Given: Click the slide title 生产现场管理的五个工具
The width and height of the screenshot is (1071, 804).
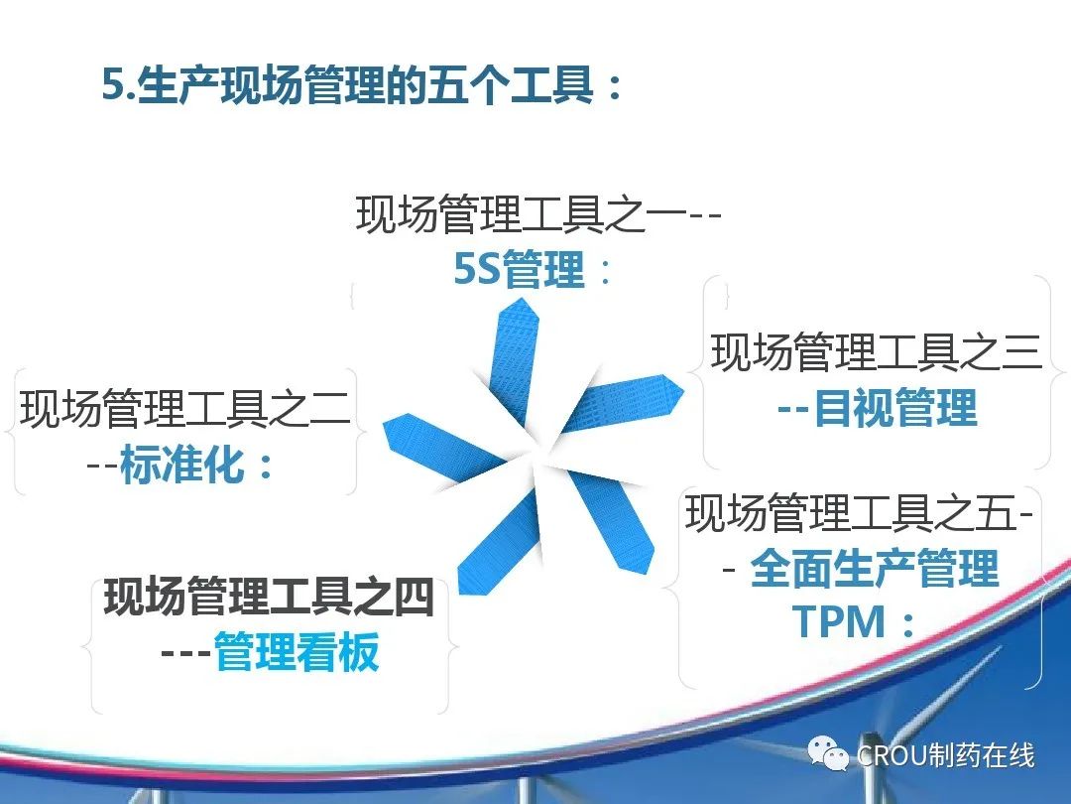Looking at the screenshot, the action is click(365, 85).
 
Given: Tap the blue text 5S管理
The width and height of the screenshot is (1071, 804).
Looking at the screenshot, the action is click(520, 269).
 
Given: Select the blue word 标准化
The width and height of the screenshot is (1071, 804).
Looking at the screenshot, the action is click(181, 464).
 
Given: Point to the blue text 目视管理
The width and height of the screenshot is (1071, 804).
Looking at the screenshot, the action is click(895, 407).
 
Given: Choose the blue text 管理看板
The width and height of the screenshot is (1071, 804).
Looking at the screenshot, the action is click(297, 651).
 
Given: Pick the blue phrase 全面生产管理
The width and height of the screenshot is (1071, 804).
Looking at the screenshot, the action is click(875, 568).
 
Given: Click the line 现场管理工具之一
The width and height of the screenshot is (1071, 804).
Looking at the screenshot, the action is click(522, 214).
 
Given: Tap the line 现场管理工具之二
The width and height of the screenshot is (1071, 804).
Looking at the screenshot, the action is click(185, 408).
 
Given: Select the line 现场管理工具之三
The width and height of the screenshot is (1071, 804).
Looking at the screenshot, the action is click(877, 352).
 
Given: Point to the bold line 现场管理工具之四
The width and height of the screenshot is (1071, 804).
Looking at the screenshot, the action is click(269, 597).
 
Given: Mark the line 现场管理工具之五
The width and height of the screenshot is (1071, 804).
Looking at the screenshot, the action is click(852, 513).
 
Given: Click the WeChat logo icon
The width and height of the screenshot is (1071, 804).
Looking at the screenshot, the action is click(828, 753).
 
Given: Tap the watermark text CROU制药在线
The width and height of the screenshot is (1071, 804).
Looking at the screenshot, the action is click(945, 755).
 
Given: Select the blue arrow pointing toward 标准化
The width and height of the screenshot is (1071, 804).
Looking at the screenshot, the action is click(444, 449).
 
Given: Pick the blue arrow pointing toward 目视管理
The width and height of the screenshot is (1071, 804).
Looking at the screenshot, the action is click(623, 402).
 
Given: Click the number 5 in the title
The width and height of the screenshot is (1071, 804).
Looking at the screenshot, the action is click(113, 86).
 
